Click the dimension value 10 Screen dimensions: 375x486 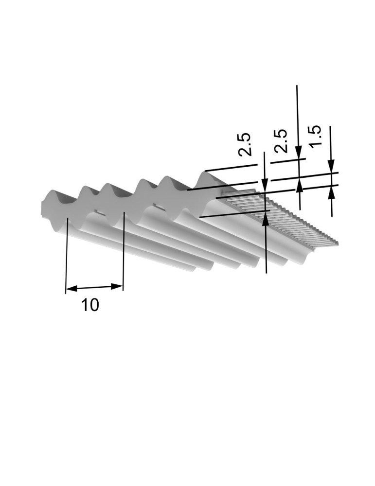point(90,305)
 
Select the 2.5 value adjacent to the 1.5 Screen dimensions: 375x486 point(281,141)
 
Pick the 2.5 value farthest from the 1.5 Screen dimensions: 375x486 point(244,144)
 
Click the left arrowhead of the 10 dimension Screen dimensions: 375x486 point(71,289)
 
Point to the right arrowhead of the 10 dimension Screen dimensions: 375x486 point(117,286)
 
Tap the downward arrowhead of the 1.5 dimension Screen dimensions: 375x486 point(331,166)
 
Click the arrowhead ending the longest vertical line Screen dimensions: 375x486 point(298,153)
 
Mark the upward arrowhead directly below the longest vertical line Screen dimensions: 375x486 point(299,185)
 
